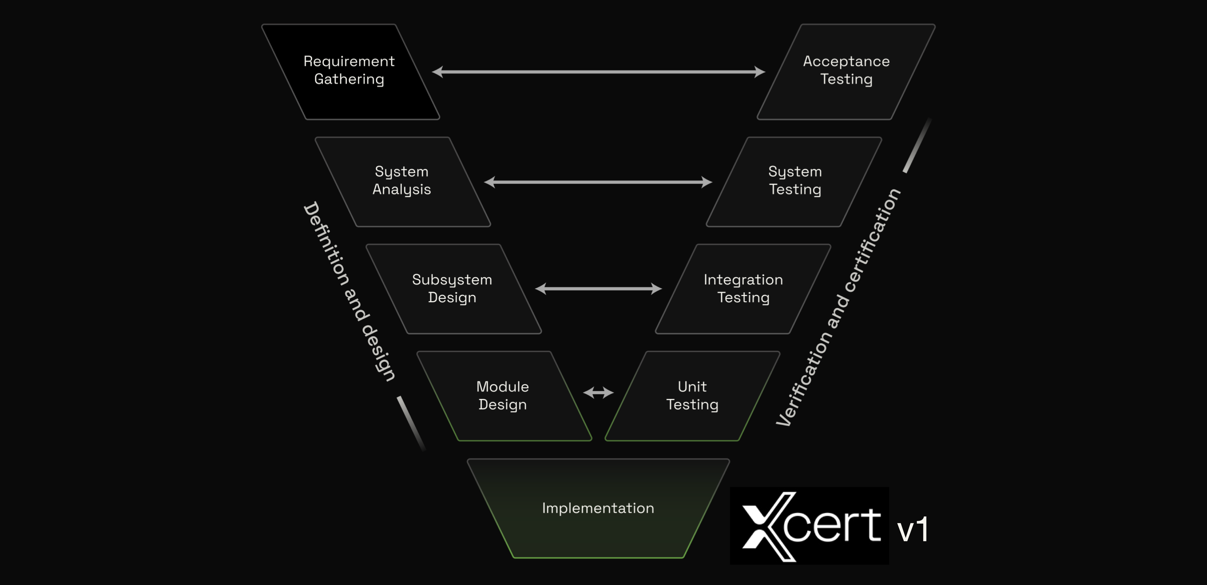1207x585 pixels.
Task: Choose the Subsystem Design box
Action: coord(452,289)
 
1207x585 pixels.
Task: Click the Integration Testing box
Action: coord(743,289)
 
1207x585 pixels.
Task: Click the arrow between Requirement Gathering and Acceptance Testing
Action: coord(598,72)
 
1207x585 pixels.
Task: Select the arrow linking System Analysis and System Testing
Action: coord(598,182)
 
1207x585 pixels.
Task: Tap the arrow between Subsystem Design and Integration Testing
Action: coord(598,289)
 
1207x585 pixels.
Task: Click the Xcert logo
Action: coord(809,526)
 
